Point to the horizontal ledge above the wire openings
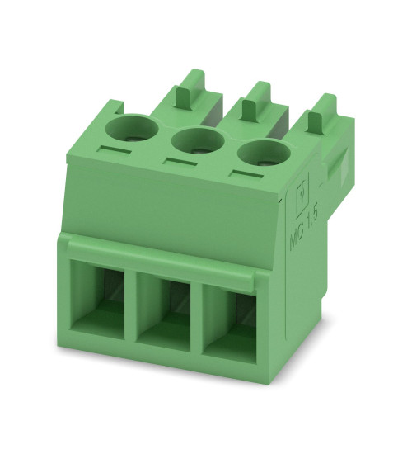pyautogui.click(x=165, y=252)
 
